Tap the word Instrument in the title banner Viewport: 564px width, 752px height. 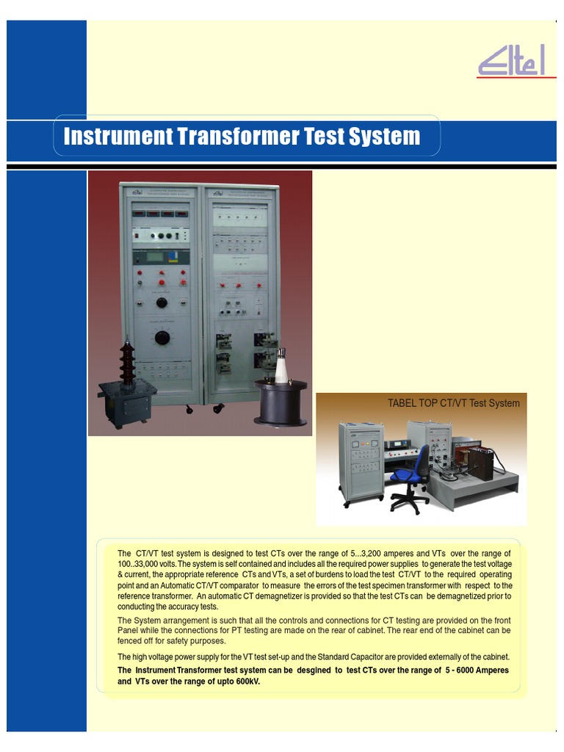[x=116, y=137]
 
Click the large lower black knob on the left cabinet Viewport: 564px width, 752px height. [x=162, y=338]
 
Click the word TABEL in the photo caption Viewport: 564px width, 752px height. [x=402, y=403]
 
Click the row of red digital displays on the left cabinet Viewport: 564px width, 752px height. [x=159, y=214]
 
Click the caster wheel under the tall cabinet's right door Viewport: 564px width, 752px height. [x=217, y=408]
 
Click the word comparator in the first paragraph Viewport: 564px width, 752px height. [x=234, y=585]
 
